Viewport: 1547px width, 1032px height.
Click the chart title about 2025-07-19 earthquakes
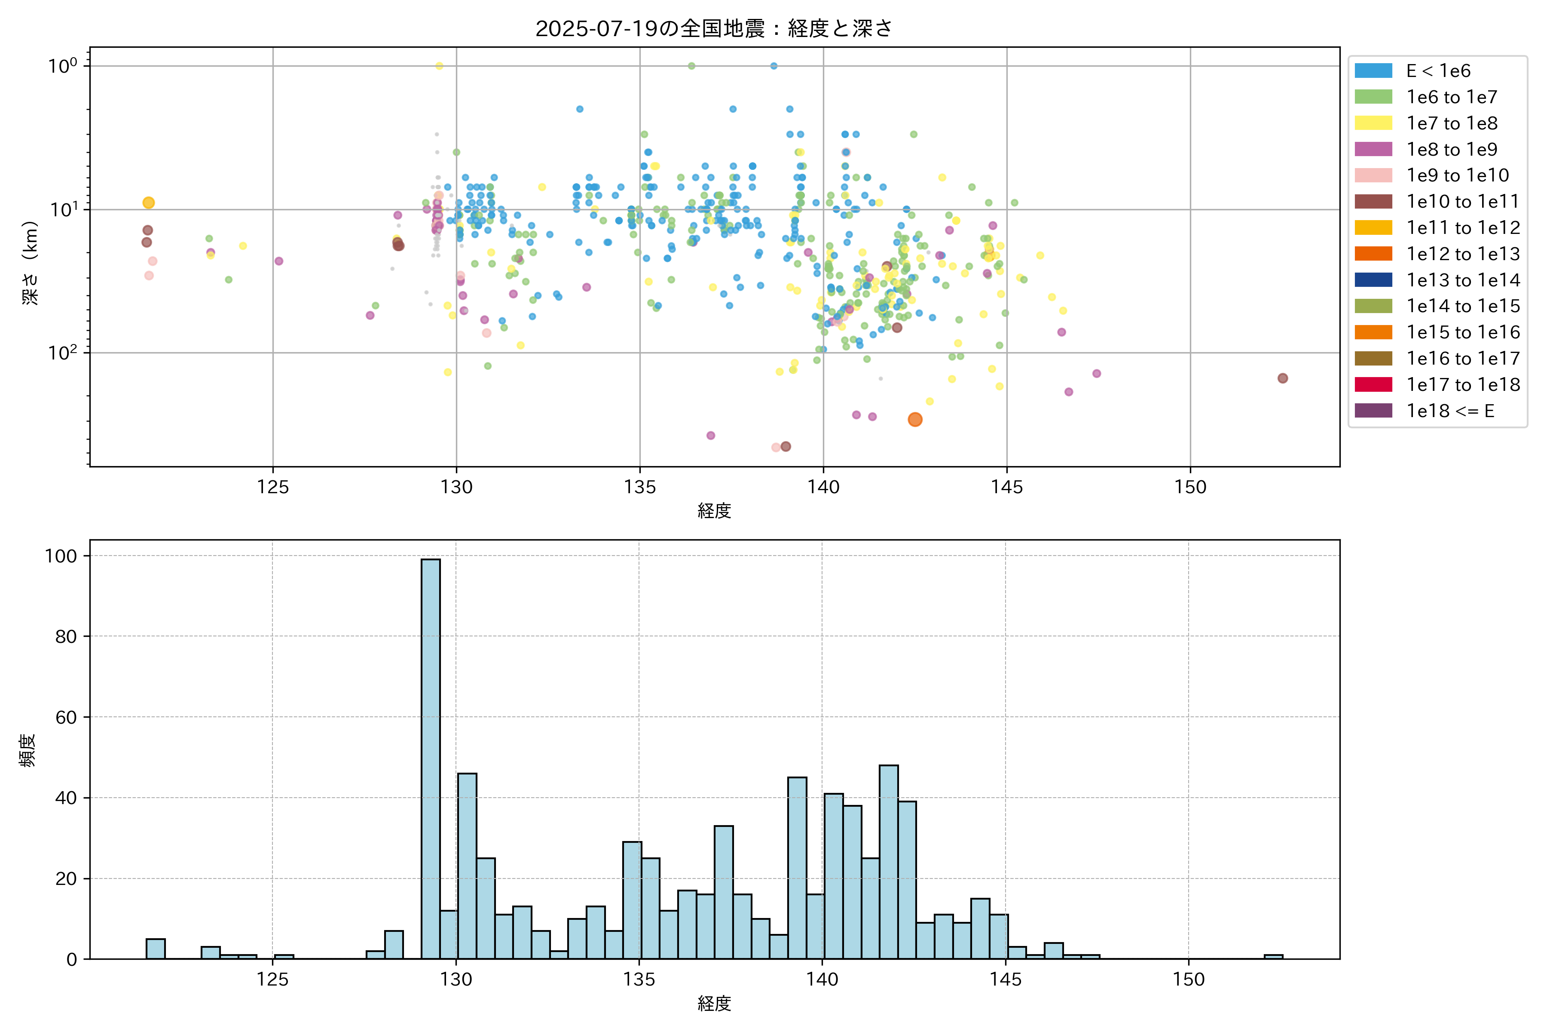714,29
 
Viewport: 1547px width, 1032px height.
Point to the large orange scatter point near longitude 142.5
915,420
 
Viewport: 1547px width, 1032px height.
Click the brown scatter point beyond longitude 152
1283,378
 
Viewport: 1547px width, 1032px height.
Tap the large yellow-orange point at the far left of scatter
149,203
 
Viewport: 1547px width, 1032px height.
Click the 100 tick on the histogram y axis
61,556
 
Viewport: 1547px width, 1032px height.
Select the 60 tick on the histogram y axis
66,717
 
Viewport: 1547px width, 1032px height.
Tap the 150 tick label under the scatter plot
1190,487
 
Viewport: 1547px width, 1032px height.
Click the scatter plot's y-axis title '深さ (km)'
30,263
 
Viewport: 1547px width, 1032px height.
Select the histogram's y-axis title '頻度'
28,750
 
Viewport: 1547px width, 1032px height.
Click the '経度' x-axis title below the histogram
714,1004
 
